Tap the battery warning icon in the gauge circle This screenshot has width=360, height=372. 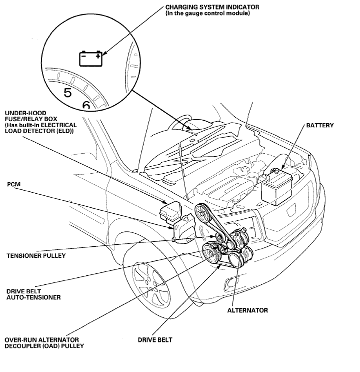click(90, 59)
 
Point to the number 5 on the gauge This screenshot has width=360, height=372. click(67, 93)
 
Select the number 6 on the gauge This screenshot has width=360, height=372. click(86, 105)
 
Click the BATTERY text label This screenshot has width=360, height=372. click(319, 125)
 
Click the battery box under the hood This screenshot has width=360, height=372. click(277, 187)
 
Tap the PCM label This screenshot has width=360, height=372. click(13, 184)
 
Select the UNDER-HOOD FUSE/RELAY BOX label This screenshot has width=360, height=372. click(41, 122)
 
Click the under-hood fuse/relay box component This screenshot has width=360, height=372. click(170, 212)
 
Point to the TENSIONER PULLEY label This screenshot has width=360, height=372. click(36, 256)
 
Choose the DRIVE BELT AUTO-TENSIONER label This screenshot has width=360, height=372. click(33, 294)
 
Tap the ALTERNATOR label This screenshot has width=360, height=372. click(247, 310)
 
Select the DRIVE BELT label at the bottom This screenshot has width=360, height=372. click(155, 340)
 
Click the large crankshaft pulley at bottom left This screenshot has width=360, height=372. click(210, 253)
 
